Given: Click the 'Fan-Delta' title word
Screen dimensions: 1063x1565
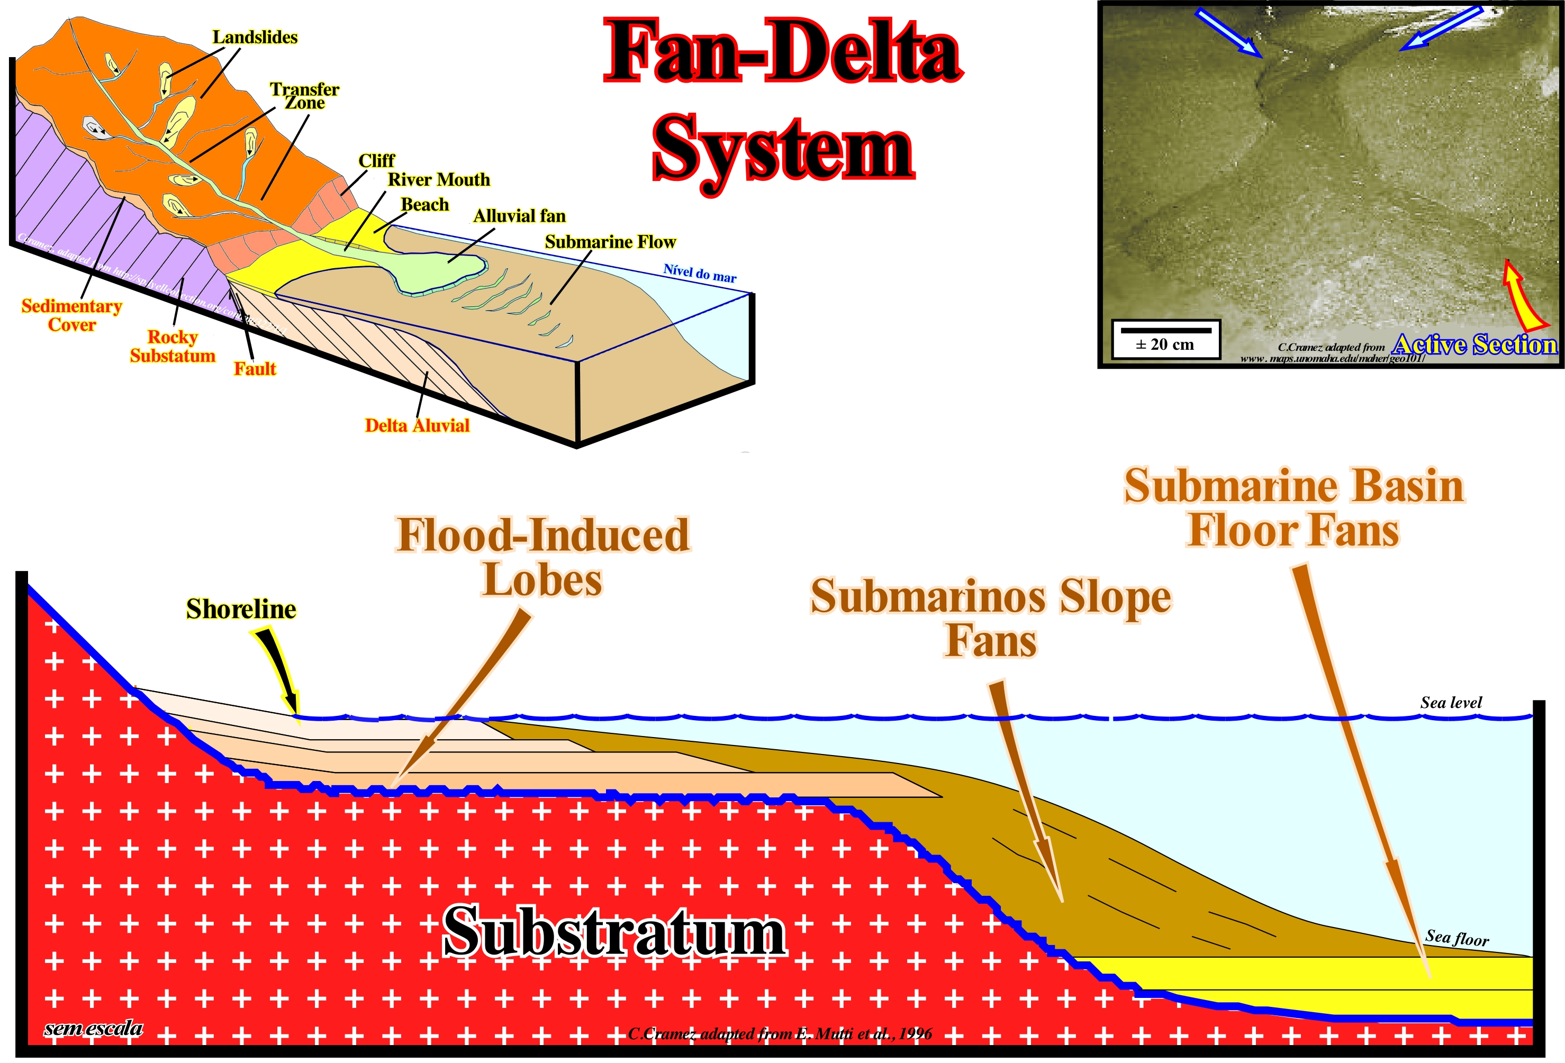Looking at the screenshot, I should click(x=783, y=52).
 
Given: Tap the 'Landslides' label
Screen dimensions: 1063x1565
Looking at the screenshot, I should click(x=255, y=37).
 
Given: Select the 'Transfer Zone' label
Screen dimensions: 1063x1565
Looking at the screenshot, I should click(x=304, y=96).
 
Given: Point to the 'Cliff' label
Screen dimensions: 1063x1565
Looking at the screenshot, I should click(x=376, y=160).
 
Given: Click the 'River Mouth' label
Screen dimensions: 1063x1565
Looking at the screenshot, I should click(x=438, y=180).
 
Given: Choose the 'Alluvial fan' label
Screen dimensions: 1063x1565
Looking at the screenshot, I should click(x=519, y=216).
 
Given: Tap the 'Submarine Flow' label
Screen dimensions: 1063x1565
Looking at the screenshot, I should click(x=610, y=242).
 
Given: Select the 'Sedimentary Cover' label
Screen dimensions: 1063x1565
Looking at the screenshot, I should click(x=72, y=315).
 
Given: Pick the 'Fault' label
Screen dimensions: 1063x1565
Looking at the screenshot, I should click(x=255, y=369).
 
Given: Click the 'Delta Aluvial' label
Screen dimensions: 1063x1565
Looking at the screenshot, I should click(x=417, y=425).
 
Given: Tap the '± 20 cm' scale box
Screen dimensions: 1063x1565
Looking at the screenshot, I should click(x=1165, y=339).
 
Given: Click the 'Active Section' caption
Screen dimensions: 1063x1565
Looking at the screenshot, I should click(x=1475, y=344).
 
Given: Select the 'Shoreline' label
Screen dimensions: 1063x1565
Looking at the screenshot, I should click(x=241, y=608).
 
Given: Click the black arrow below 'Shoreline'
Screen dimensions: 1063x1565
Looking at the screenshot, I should click(x=278, y=668).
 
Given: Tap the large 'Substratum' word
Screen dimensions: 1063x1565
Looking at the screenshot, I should click(x=614, y=932).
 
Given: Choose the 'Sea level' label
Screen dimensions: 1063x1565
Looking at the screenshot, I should click(x=1451, y=703).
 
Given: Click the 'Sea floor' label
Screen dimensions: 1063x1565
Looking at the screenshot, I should click(x=1457, y=938).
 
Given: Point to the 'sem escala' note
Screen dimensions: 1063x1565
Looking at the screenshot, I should click(x=94, y=1028).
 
